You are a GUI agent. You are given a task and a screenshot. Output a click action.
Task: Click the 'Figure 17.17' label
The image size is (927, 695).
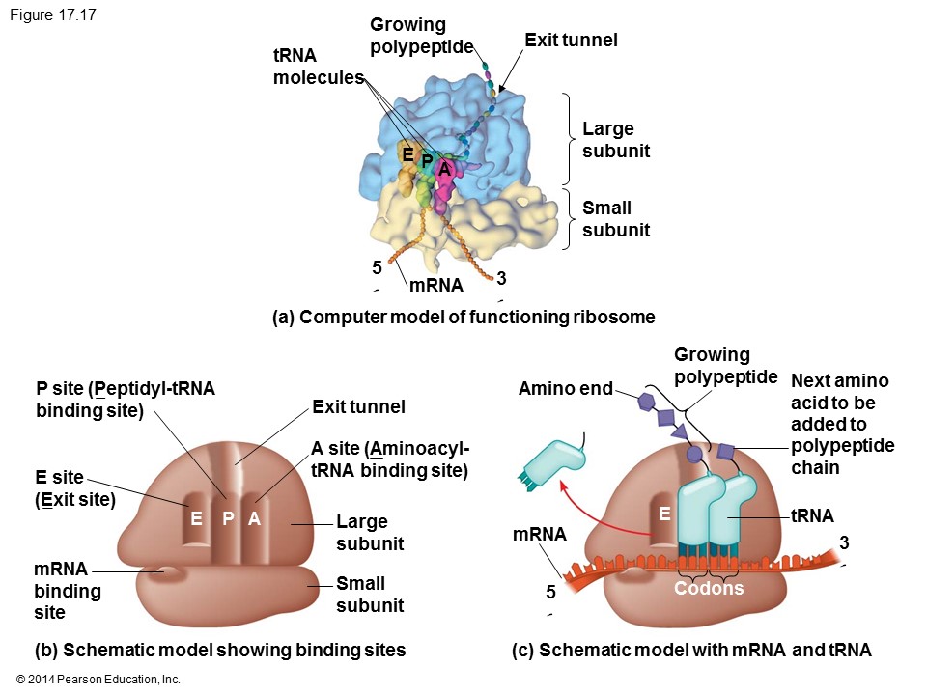[x=52, y=15]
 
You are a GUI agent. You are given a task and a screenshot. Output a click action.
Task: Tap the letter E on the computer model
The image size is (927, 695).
[x=407, y=154]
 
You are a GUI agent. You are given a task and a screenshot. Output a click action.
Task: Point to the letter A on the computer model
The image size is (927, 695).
[x=443, y=170]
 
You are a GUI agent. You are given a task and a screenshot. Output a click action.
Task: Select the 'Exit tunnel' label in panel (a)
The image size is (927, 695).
[x=571, y=40]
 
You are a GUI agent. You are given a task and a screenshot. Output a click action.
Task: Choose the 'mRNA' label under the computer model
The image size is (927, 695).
[x=435, y=285]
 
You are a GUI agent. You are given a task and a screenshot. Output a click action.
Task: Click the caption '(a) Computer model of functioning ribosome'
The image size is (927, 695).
[x=463, y=317]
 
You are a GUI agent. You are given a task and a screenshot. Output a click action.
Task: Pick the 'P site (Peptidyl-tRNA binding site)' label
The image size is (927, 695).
[x=126, y=400]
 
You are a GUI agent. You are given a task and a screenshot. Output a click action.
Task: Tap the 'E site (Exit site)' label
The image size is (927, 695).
[x=75, y=488]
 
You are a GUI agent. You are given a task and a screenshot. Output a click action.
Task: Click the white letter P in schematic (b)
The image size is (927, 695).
[x=229, y=518]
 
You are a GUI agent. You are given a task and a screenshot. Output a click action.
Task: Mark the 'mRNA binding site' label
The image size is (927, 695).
[x=68, y=590]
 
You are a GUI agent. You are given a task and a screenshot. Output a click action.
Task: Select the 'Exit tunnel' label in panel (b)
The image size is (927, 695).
[x=358, y=407]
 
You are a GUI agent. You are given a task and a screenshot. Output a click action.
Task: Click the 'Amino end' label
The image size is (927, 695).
[x=565, y=389]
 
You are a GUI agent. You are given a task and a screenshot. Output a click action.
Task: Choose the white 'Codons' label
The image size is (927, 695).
[x=709, y=588]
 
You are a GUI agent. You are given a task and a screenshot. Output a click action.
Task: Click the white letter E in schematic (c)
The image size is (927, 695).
[x=664, y=515]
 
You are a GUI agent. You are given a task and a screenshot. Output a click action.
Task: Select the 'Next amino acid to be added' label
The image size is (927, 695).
[x=842, y=424]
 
